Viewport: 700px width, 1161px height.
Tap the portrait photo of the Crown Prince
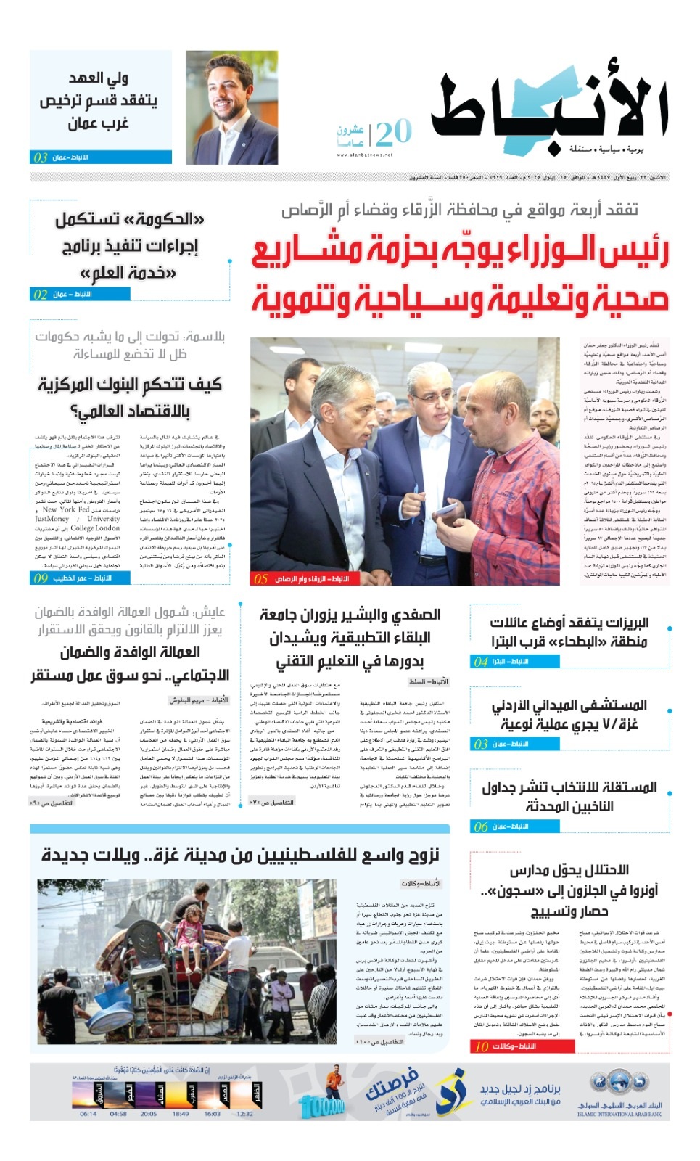point(231,107)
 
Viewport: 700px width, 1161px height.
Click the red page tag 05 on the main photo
point(261,578)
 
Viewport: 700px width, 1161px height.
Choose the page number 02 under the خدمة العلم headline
point(40,295)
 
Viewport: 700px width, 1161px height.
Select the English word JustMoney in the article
point(52,519)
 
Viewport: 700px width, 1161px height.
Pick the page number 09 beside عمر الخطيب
point(41,578)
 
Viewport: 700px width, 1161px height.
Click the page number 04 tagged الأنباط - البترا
point(481,662)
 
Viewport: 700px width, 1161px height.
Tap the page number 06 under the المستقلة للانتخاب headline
point(481,826)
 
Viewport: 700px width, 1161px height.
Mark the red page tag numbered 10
point(482,1046)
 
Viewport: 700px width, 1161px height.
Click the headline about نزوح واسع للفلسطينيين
point(240,855)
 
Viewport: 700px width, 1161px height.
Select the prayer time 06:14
point(88,1114)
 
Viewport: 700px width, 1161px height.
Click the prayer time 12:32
point(244,1114)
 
